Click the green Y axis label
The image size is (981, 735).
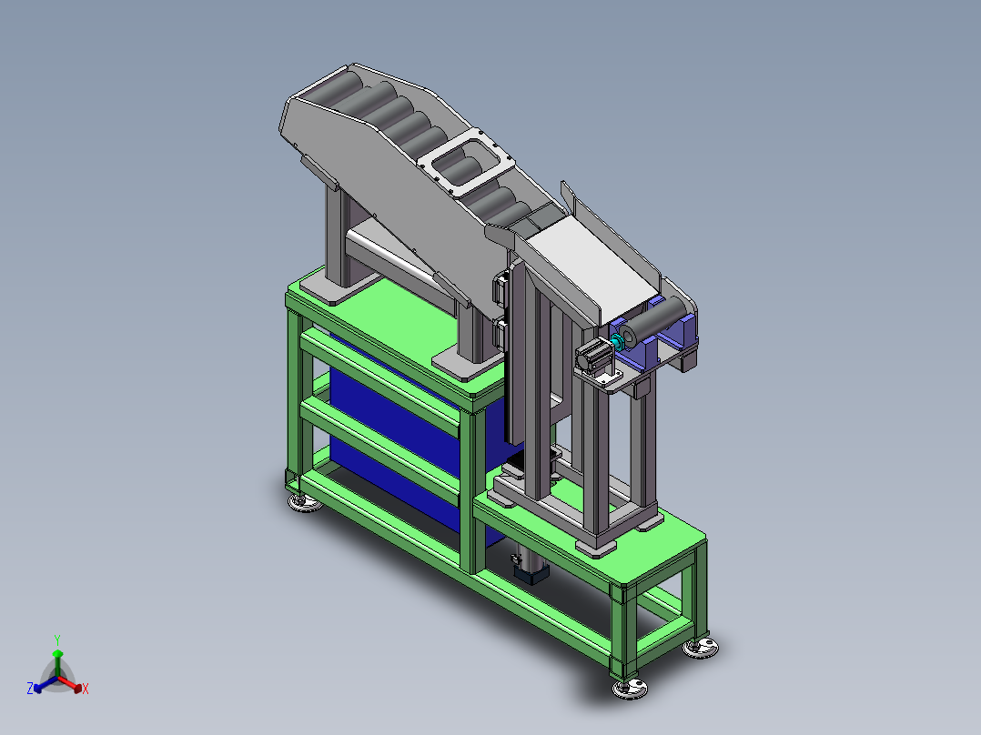tap(57, 640)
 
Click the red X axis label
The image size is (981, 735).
tap(86, 689)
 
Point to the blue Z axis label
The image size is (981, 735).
tap(30, 689)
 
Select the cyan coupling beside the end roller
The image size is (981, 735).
tap(618, 341)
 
